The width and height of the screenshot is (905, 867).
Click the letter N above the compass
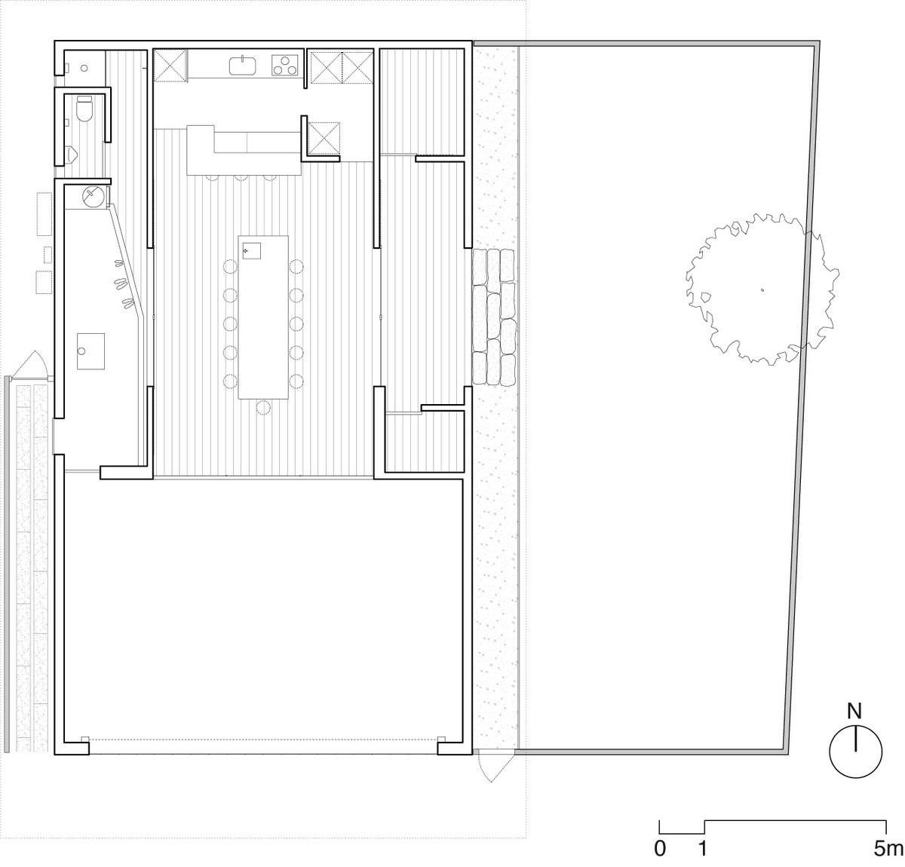[x=854, y=711]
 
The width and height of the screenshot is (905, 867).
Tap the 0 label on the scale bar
[x=660, y=849]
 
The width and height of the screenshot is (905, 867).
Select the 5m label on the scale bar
[x=888, y=849]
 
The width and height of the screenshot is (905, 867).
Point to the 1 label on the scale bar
[x=703, y=849]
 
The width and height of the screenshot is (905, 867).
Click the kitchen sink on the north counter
[x=242, y=65]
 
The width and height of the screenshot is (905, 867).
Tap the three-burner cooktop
[x=284, y=65]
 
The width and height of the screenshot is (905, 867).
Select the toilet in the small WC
[x=84, y=109]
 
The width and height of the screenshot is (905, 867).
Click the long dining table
[x=263, y=317]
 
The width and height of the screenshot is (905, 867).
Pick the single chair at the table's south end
[x=263, y=407]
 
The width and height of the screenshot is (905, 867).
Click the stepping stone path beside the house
[x=494, y=317]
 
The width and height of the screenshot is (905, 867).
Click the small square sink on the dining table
[x=252, y=250]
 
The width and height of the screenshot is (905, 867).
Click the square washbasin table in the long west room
[x=90, y=351]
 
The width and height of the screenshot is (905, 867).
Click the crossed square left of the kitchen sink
[x=170, y=66]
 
